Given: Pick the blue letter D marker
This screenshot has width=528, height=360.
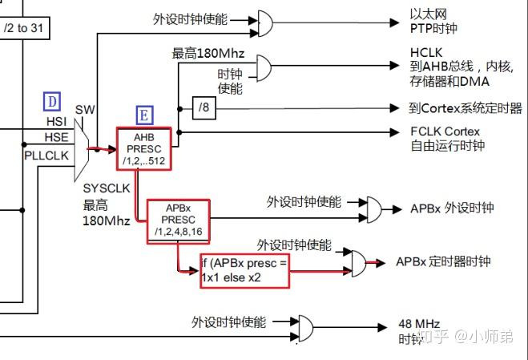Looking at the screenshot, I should point(52,102).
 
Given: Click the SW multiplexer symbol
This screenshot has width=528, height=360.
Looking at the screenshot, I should point(82,148).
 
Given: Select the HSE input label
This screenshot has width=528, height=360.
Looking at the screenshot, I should point(57,136).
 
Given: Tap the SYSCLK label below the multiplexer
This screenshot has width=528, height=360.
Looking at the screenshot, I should point(107,188).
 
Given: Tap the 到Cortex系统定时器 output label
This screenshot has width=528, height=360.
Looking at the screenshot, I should point(465,108).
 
